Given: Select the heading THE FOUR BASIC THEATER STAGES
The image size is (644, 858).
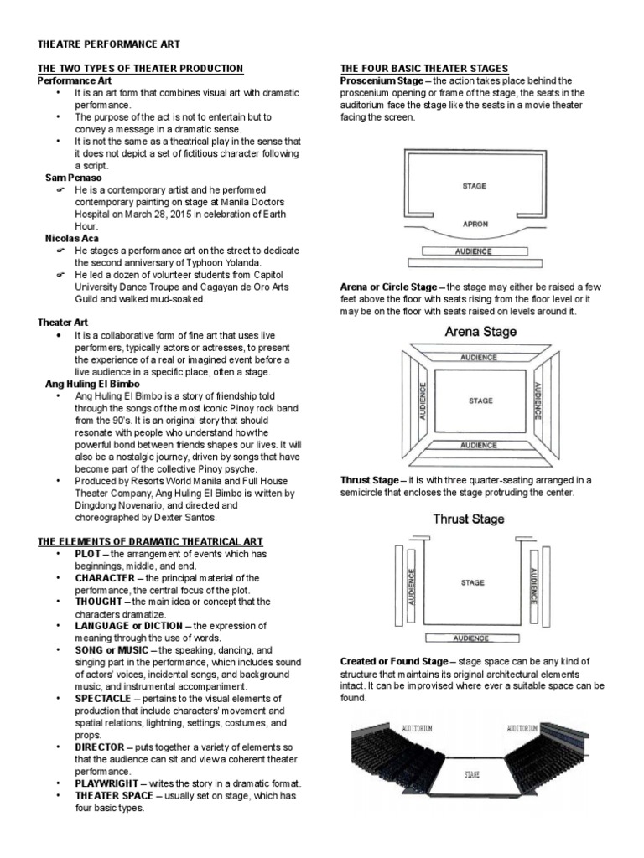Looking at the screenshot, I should tap(423, 68).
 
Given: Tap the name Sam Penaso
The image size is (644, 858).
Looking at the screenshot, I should tap(73, 178).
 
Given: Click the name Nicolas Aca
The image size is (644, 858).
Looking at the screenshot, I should tap(71, 238).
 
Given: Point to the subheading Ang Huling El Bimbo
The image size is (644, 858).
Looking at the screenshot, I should tap(92, 383).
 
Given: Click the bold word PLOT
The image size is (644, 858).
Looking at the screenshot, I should tap(88, 554).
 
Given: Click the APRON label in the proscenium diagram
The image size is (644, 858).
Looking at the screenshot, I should tap(475, 225).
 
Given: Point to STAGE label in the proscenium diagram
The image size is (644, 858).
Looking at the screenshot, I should tap(474, 186).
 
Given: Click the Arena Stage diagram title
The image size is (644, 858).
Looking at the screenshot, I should tap(480, 331).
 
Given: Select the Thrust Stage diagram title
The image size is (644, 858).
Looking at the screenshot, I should tap(469, 519).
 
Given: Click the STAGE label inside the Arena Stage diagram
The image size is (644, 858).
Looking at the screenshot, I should tap(480, 401).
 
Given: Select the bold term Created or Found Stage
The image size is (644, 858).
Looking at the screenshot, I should tap(393, 662).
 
